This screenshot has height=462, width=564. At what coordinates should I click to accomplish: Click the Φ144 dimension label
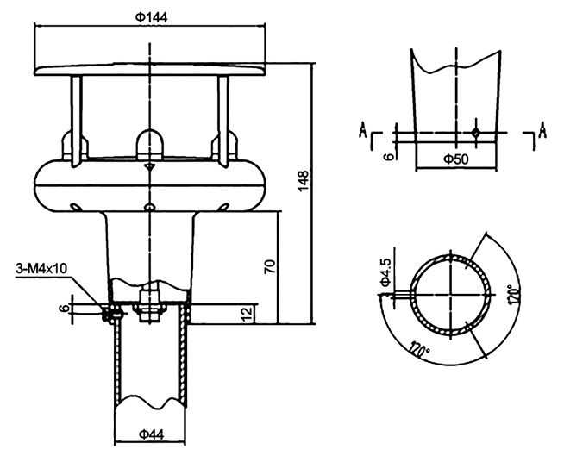(x=152, y=17)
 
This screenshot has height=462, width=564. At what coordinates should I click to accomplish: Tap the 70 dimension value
(x=270, y=267)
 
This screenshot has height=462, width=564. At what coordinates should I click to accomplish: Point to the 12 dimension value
(x=247, y=311)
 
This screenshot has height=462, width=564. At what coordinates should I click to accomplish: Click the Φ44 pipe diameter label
(x=151, y=435)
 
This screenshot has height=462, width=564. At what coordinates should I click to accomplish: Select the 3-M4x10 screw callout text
(x=41, y=268)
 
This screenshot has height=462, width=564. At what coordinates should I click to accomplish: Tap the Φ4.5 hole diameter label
(x=385, y=271)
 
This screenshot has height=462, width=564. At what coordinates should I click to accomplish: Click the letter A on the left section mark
(x=364, y=130)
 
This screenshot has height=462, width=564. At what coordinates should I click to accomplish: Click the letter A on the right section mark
(x=542, y=130)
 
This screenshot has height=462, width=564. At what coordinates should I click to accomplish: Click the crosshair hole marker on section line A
(x=474, y=132)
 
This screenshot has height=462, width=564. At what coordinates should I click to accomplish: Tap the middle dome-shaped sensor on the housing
(x=149, y=141)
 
